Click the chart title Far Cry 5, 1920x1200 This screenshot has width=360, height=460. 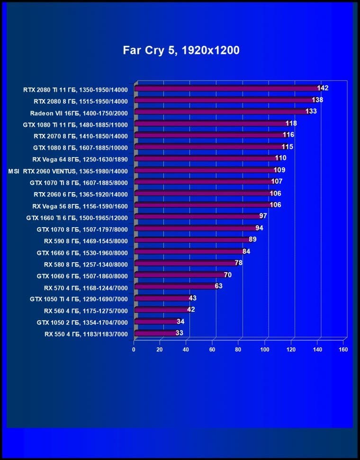[x=181, y=50]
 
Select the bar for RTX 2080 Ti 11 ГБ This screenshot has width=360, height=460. [x=227, y=88]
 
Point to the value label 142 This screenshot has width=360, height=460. [x=323, y=88]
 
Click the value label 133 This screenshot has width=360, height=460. [x=311, y=111]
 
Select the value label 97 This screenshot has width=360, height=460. [x=263, y=216]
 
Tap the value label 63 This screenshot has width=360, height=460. [x=218, y=286]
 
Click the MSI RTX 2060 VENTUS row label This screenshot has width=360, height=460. [x=68, y=170]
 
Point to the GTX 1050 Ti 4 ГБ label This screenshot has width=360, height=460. [x=79, y=299]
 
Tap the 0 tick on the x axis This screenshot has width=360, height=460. [x=134, y=350]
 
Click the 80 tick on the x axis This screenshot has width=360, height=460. [x=238, y=350]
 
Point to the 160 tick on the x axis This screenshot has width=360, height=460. [x=343, y=350]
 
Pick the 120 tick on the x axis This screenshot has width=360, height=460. [x=291, y=350]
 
